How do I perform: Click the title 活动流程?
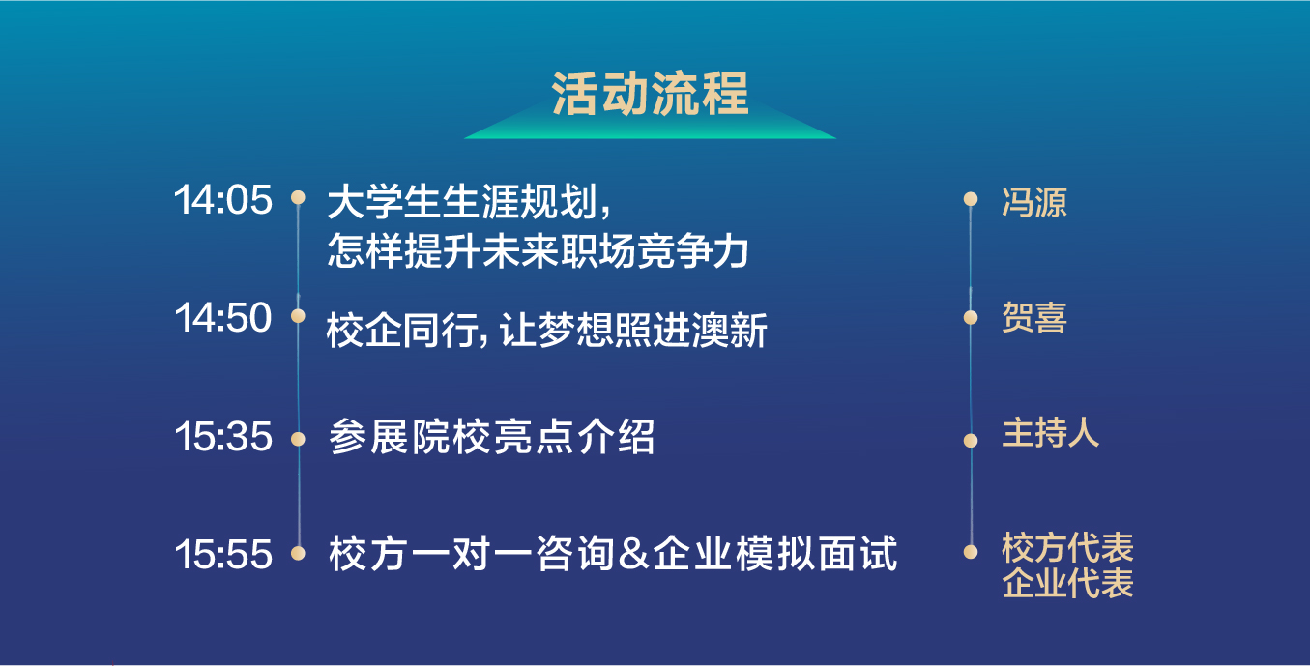click(650, 94)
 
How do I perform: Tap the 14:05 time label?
click(223, 199)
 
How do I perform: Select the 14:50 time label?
click(223, 317)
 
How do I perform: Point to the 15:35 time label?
click(223, 436)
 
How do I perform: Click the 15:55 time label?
click(223, 554)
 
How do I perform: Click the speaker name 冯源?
click(1034, 202)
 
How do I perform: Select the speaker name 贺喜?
click(1034, 317)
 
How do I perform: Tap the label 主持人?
click(1051, 433)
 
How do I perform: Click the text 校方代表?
click(1068, 547)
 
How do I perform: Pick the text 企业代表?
click(1068, 582)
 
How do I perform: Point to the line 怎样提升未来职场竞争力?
click(539, 251)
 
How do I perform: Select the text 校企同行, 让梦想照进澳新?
click(547, 331)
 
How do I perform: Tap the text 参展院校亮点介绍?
click(491, 436)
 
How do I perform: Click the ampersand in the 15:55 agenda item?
click(633, 554)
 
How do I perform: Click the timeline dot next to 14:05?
click(299, 197)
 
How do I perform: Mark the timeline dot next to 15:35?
click(299, 439)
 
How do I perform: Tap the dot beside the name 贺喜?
click(971, 317)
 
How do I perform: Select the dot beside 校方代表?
click(971, 552)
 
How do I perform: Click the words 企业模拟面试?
click(775, 554)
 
